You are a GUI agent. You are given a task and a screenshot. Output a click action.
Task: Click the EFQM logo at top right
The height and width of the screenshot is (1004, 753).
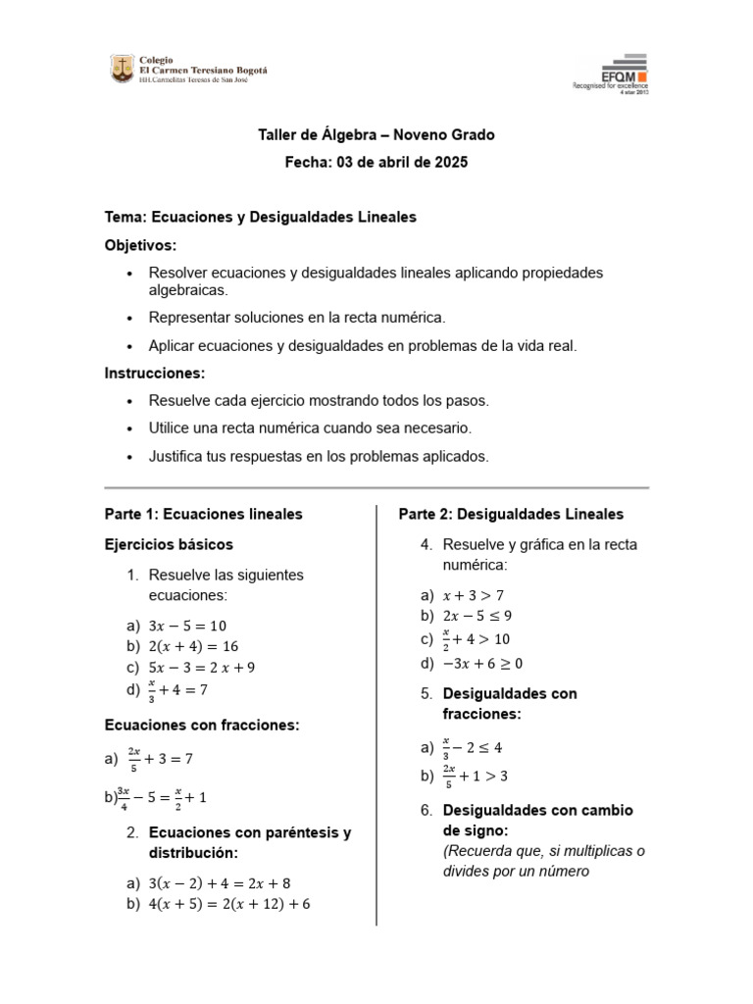610,71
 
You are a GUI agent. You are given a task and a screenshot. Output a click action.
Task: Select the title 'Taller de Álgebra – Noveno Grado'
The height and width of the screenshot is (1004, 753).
377,134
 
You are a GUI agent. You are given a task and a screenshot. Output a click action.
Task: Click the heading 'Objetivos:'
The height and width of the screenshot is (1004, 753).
140,244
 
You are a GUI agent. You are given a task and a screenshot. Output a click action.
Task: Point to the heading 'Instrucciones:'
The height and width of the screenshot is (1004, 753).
155,374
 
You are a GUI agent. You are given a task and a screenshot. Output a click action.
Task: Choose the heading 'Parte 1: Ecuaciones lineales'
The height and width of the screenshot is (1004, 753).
203,514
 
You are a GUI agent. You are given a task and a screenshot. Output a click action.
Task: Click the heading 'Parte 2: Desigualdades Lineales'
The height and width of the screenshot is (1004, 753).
511,514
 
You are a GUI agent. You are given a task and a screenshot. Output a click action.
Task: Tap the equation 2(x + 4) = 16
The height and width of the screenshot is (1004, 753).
193,646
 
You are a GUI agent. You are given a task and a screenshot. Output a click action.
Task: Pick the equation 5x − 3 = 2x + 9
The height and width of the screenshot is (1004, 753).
202,668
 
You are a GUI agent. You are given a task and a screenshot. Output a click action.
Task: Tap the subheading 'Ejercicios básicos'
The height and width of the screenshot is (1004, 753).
169,544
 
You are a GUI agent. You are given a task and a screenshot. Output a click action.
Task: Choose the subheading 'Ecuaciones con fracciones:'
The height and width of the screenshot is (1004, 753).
201,725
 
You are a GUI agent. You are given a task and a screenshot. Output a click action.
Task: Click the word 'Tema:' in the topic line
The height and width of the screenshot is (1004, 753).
125,217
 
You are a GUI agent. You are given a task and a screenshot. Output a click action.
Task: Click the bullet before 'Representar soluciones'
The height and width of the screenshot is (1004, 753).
129,319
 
